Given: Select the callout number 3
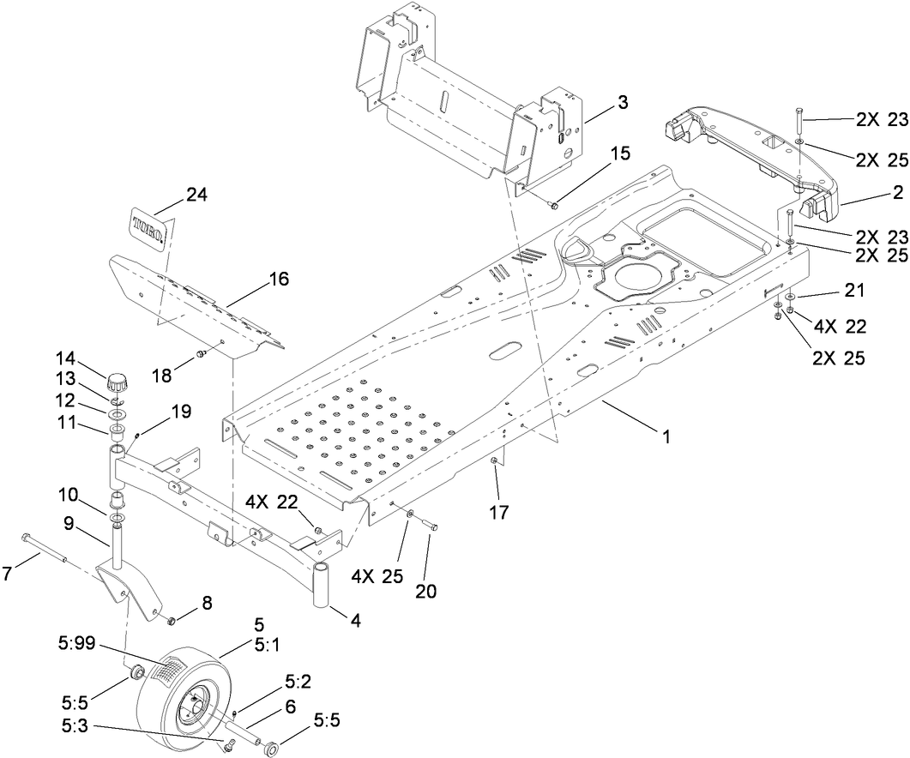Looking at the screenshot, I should (x=622, y=102).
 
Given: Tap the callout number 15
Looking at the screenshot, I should (x=620, y=153).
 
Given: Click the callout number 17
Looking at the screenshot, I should (x=498, y=513).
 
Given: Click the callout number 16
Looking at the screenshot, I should (x=278, y=279).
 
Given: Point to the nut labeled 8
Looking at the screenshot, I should (x=170, y=618).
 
